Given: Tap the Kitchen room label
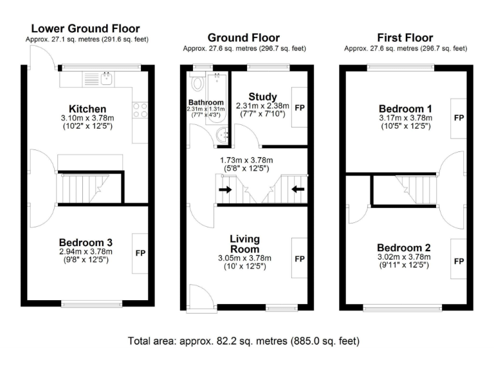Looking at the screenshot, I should [x=87, y=108].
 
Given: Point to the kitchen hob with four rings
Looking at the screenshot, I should [x=140, y=111].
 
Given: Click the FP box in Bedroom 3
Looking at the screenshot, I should [x=140, y=252].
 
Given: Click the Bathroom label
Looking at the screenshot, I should [x=206, y=102].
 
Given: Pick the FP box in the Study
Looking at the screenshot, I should [x=299, y=107].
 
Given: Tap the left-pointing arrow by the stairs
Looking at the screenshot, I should [x=297, y=189].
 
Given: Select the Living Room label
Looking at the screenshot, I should [x=245, y=244].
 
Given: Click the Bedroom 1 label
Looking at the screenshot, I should [x=405, y=108].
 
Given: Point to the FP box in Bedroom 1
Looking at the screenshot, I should [x=459, y=119].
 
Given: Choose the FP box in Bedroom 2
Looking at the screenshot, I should [x=459, y=261].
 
